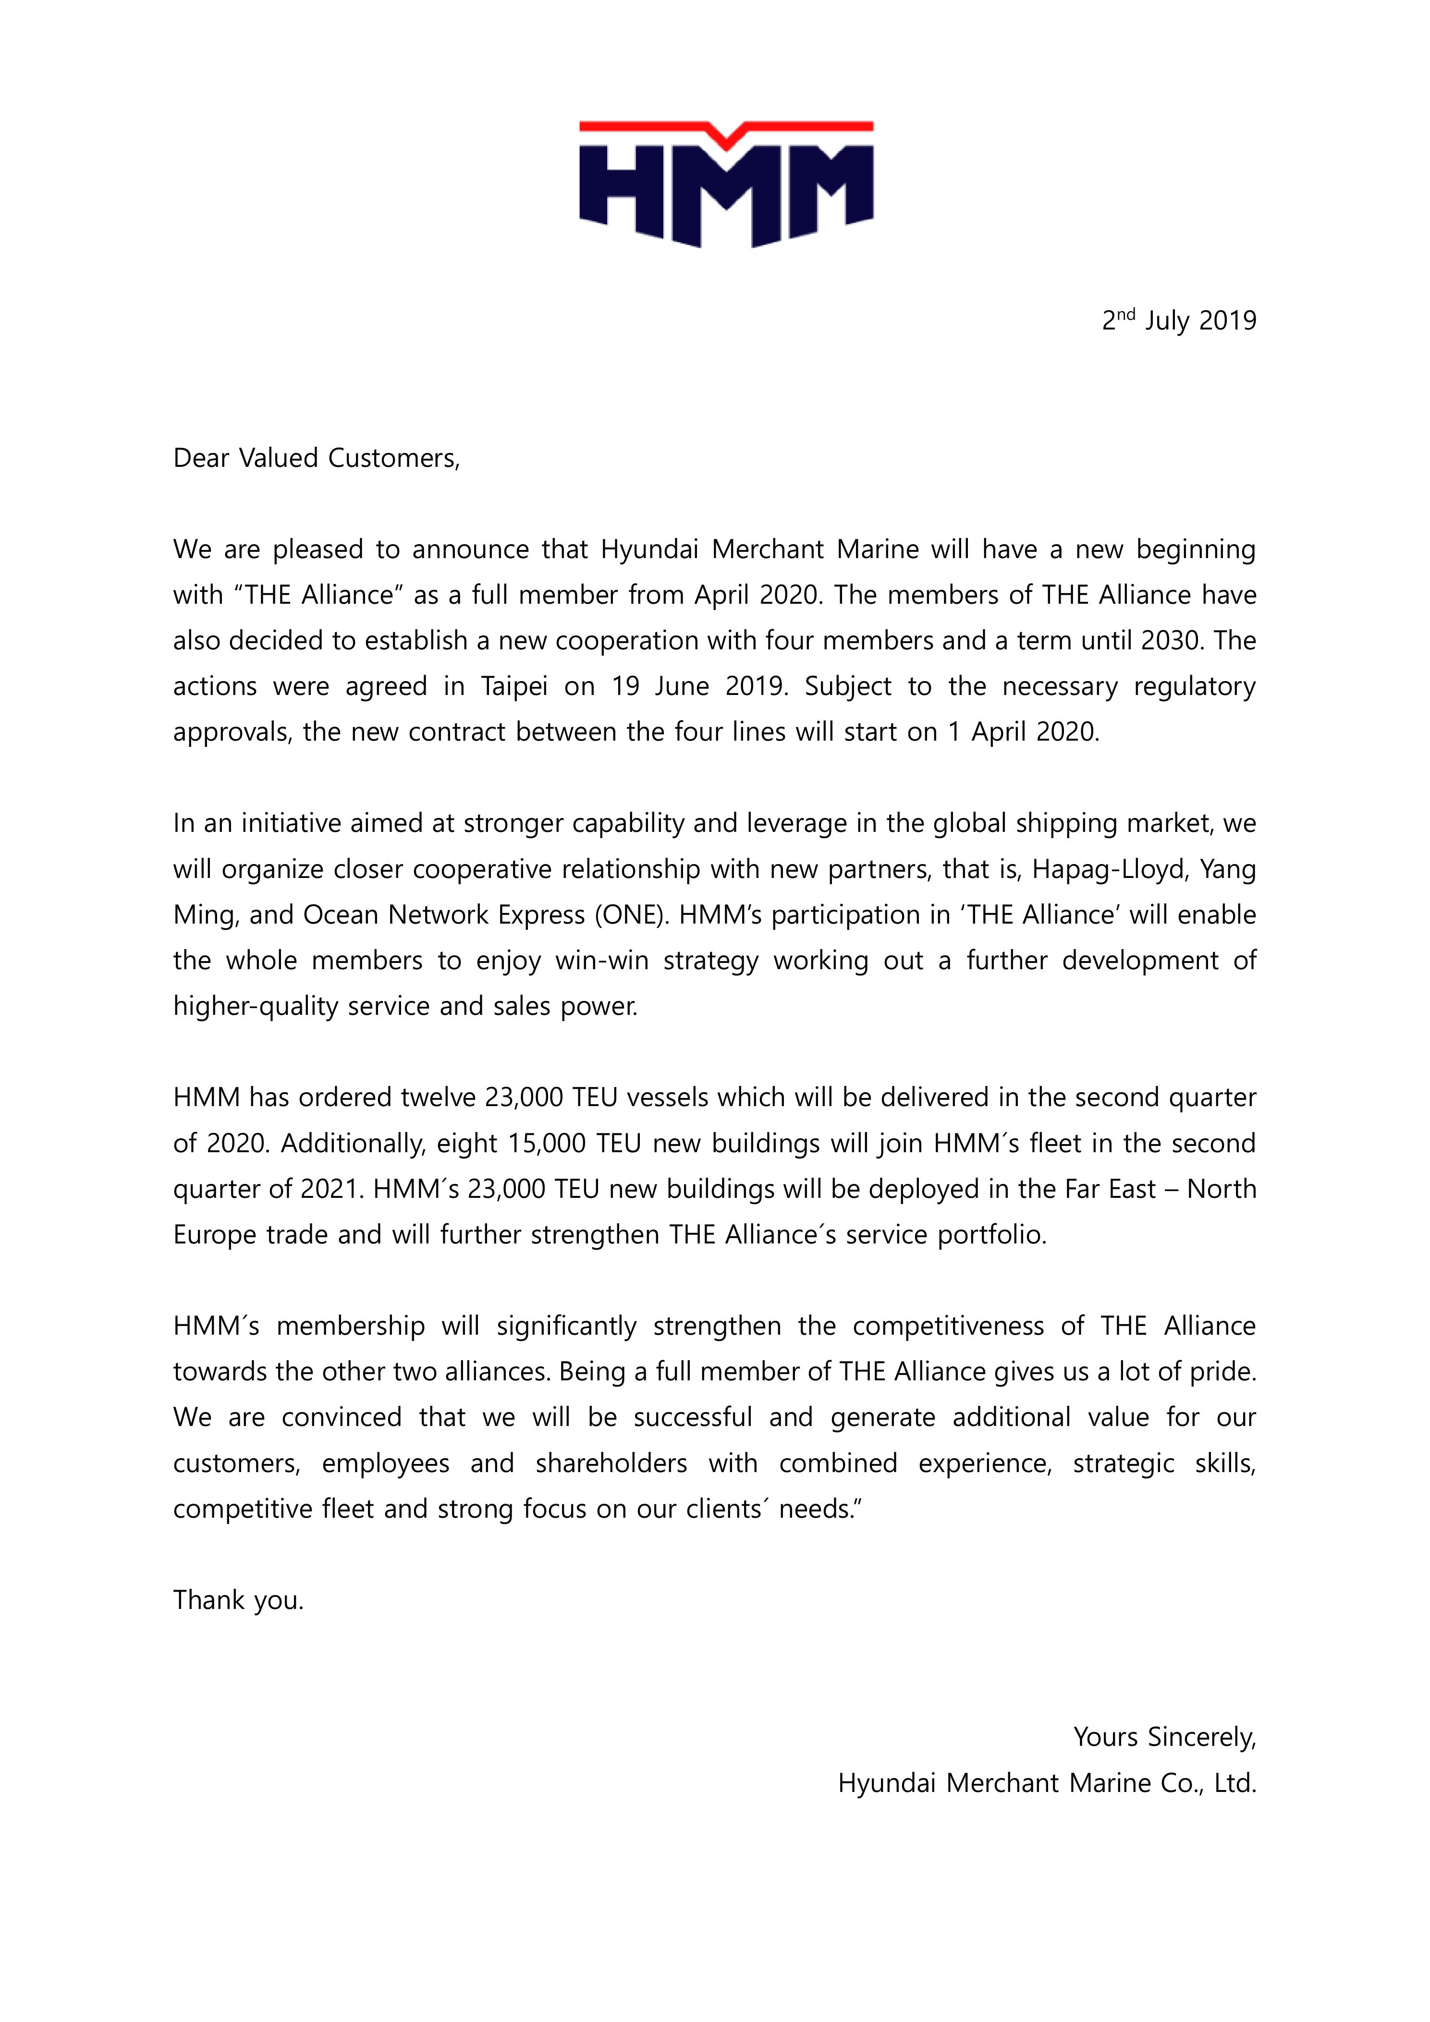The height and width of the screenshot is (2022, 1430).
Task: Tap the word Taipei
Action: click(x=514, y=686)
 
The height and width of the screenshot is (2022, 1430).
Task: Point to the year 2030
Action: click(x=1172, y=640)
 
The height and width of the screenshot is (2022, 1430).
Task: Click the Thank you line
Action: click(x=238, y=1600)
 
